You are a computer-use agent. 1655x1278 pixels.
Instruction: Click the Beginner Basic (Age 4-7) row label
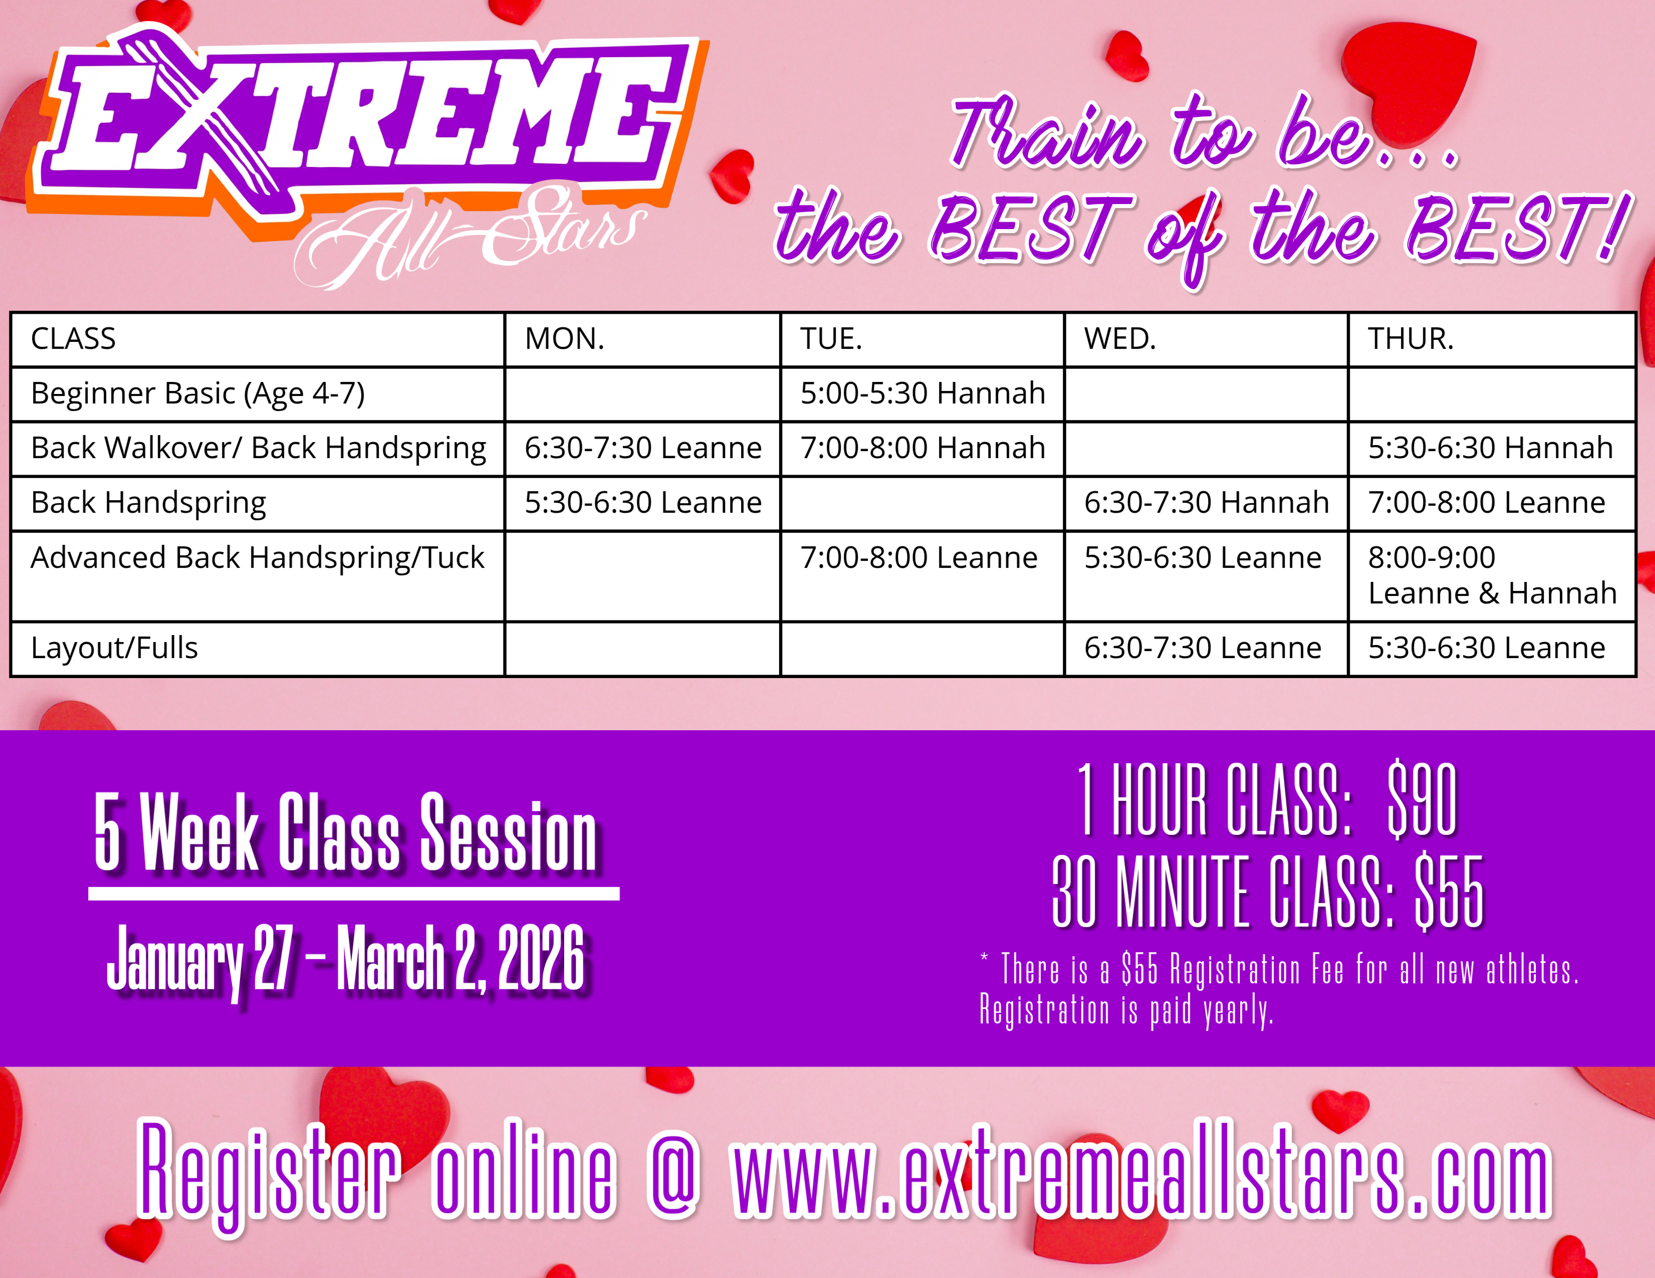coord(198,394)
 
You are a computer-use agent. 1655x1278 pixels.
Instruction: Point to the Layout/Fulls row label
coord(114,648)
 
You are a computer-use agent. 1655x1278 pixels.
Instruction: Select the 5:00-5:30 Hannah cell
coord(922,393)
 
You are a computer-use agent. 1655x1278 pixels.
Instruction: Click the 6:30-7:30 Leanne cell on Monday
coord(642,448)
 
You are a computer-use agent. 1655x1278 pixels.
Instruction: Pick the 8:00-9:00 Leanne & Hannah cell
coord(1491,575)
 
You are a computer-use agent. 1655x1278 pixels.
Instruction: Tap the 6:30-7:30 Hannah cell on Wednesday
coord(1207,503)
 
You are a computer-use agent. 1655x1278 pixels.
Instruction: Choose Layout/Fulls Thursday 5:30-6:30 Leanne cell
coord(1486,648)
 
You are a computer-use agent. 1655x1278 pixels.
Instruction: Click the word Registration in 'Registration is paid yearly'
coord(1044,1010)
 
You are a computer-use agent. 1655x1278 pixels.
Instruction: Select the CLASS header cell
coord(74,339)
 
